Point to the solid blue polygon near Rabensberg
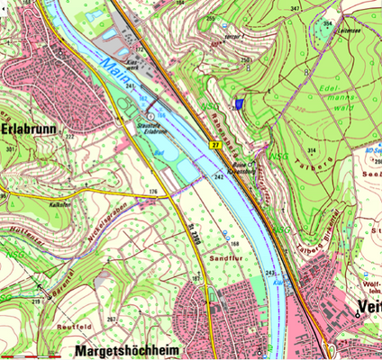pyautogui.click(x=239, y=104)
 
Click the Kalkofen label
pyautogui.click(x=60, y=179)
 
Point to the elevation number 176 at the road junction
pyautogui.click(x=153, y=192)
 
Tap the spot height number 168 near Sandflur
pyautogui.click(x=234, y=243)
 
